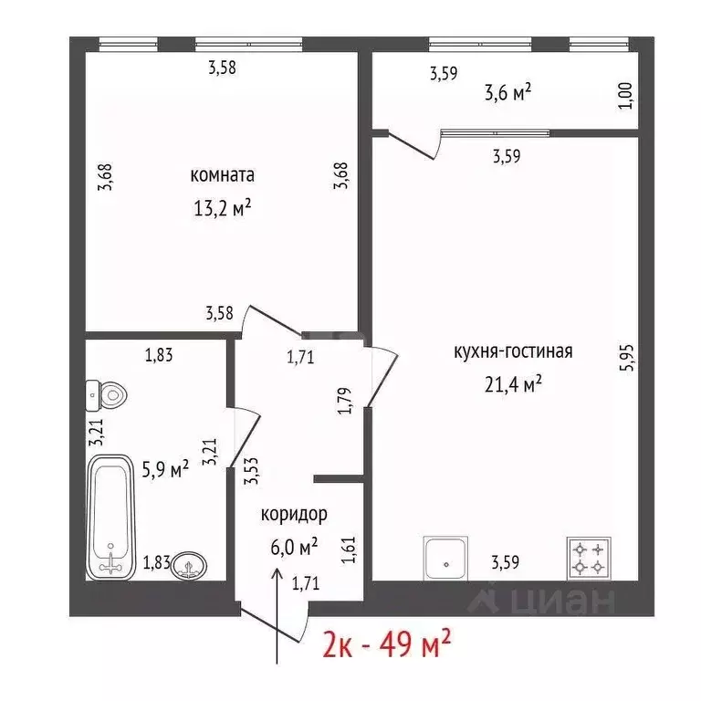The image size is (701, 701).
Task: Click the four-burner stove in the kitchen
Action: tap(589, 557)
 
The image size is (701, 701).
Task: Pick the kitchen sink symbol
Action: tap(445, 557)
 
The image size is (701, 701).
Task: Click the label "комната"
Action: tap(222, 175)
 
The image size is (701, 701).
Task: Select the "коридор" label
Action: tap(294, 514)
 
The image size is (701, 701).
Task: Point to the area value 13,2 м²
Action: tap(222, 207)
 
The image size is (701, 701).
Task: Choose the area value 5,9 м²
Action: tap(164, 468)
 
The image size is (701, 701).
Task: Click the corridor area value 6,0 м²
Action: tap(293, 546)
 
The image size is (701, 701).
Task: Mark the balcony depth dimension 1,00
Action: tap(625, 95)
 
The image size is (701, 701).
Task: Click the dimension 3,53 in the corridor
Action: tap(250, 472)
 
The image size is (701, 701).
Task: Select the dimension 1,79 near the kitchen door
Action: tap(344, 401)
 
